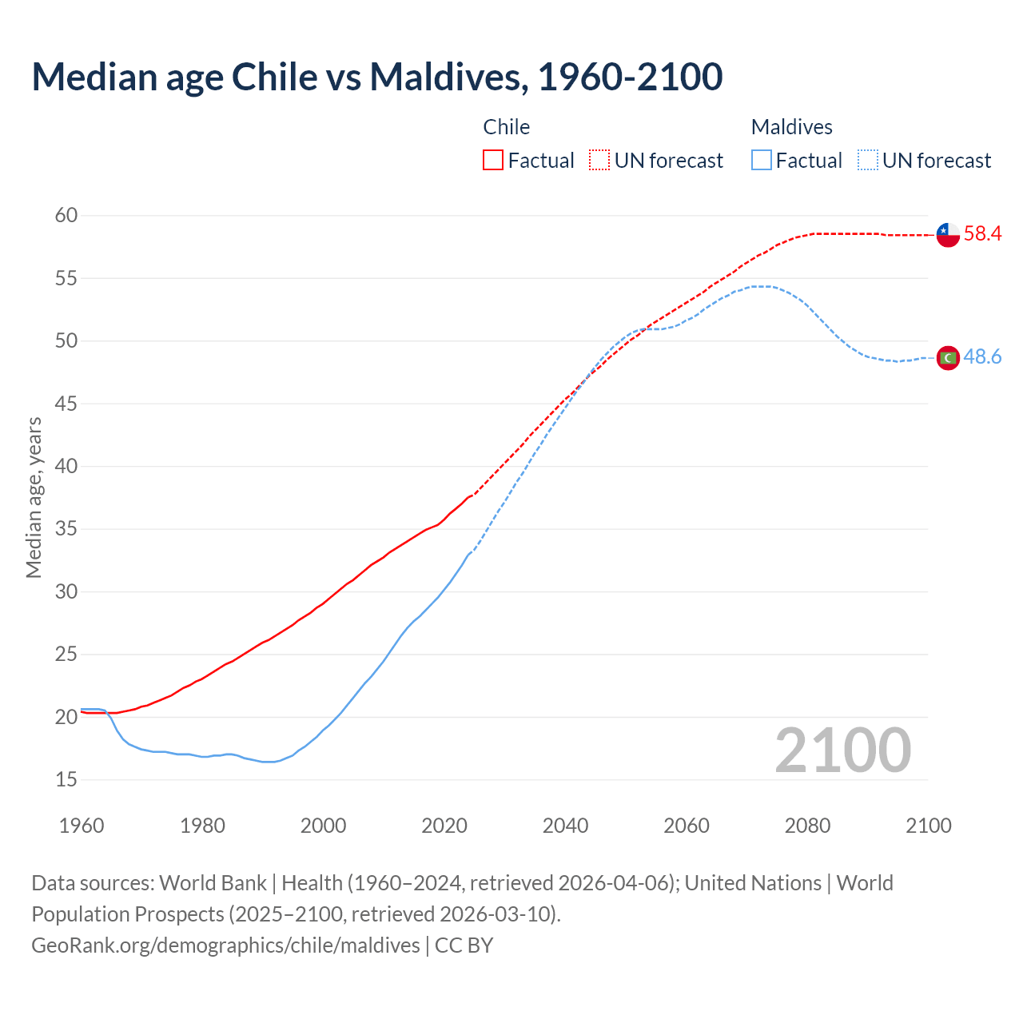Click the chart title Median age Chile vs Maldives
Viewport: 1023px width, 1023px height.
(x=377, y=77)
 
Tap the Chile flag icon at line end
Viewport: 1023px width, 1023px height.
(x=948, y=235)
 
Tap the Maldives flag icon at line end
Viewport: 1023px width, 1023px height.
(x=948, y=358)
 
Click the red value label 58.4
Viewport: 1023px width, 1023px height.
(x=982, y=234)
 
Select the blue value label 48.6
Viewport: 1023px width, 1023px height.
(x=982, y=357)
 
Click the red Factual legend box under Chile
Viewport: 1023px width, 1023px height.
(x=493, y=161)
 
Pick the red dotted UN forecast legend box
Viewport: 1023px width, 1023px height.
(x=599, y=161)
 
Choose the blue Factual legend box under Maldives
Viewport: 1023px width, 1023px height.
(x=762, y=161)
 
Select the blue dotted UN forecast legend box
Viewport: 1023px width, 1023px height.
(x=868, y=161)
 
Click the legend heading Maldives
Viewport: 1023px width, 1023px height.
(x=791, y=127)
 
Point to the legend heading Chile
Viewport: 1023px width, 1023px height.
(x=506, y=127)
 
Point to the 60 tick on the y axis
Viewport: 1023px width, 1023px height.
(x=66, y=215)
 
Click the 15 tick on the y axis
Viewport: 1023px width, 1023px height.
(x=66, y=779)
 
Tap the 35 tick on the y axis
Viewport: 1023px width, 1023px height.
(x=66, y=528)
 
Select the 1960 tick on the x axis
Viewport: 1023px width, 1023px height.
(x=82, y=826)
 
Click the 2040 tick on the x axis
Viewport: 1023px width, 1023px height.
(x=565, y=826)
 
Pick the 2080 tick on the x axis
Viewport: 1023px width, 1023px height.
(x=807, y=826)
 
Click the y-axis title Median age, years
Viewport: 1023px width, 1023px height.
(x=34, y=497)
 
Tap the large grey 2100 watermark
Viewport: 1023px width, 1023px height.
(x=842, y=750)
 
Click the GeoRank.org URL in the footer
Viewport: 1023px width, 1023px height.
(x=225, y=945)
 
